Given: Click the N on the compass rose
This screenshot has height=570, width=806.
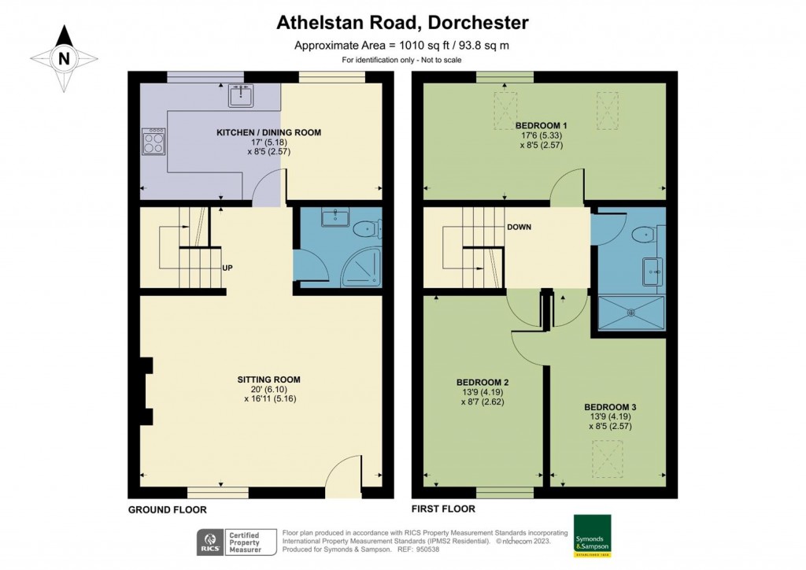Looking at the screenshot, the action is pyautogui.click(x=64, y=58).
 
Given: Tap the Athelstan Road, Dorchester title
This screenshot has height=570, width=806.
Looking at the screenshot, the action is pyautogui.click(x=402, y=23).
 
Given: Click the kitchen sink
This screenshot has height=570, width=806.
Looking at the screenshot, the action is pyautogui.click(x=241, y=95).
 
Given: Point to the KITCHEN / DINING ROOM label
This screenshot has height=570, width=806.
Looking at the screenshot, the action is pyautogui.click(x=269, y=132).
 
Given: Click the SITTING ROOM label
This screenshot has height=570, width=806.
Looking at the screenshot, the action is pyautogui.click(x=269, y=379).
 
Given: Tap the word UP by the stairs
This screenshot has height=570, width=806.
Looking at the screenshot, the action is pyautogui.click(x=227, y=268).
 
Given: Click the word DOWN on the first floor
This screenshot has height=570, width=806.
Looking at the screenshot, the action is pyautogui.click(x=519, y=228).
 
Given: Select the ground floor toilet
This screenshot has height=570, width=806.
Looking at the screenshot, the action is pyautogui.click(x=368, y=228).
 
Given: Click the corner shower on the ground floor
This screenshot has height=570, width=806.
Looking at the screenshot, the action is pyautogui.click(x=362, y=266).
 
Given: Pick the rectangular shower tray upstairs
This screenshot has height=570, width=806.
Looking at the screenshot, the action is pyautogui.click(x=631, y=312).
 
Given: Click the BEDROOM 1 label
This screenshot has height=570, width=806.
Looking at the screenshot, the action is pyautogui.click(x=542, y=125).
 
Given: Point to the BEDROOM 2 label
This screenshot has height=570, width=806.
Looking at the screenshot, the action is pyautogui.click(x=482, y=383).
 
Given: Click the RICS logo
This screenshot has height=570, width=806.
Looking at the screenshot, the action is pyautogui.click(x=210, y=542).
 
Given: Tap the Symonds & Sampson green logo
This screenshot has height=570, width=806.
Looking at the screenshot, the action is pyautogui.click(x=592, y=535).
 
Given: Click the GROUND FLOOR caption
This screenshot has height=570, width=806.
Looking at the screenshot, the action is pyautogui.click(x=167, y=510).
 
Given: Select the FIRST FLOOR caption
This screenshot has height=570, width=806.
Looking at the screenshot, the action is pyautogui.click(x=443, y=509).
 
